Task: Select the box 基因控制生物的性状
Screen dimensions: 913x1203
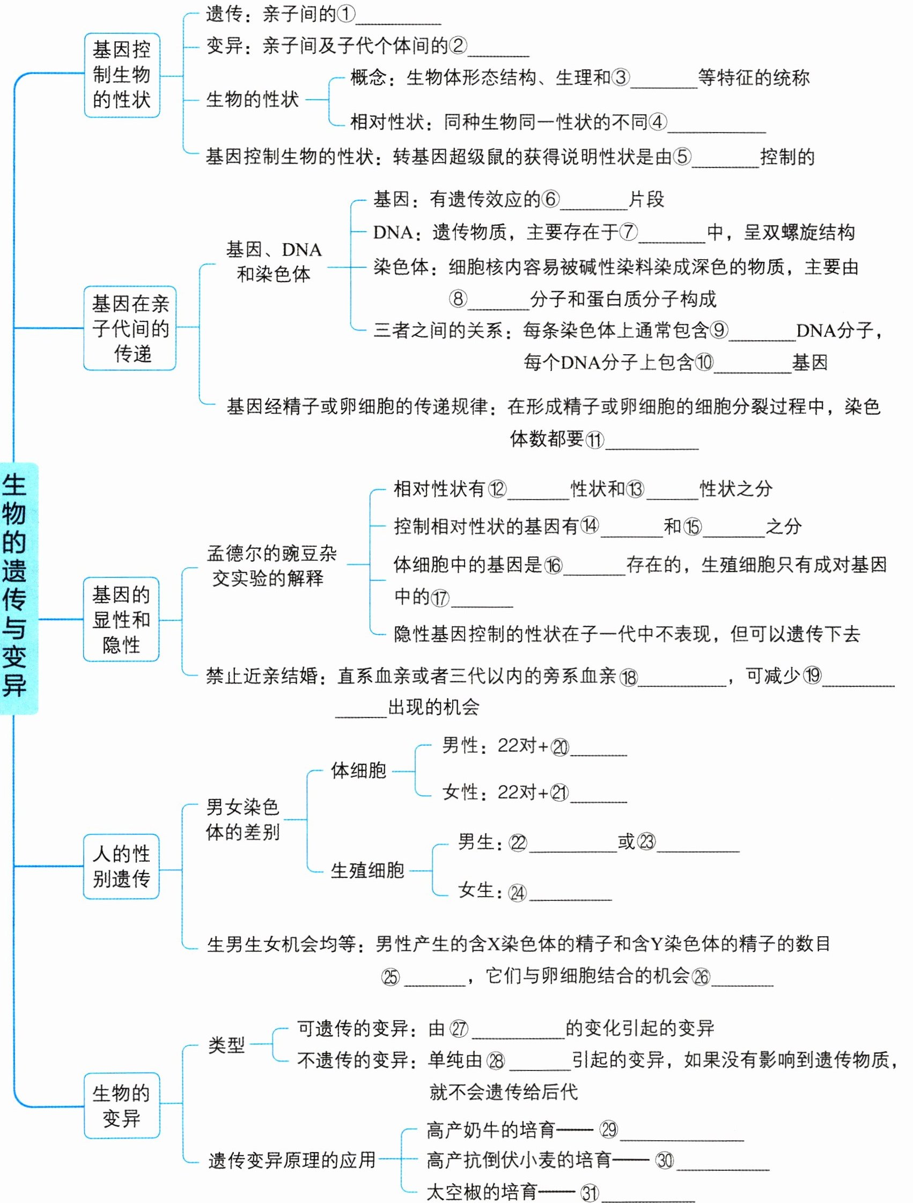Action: [122, 75]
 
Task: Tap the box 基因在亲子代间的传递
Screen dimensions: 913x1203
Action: [130, 328]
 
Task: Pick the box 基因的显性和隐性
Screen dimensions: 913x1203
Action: [121, 619]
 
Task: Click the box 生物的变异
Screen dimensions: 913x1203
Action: [122, 1106]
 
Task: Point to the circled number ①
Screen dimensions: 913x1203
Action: [346, 14]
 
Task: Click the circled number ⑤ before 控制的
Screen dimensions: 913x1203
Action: [682, 157]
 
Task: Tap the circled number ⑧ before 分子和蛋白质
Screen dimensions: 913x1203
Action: [459, 298]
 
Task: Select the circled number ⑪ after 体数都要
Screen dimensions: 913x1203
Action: [594, 439]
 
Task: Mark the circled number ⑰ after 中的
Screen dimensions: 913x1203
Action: [440, 598]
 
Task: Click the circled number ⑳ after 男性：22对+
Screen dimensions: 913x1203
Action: [560, 747]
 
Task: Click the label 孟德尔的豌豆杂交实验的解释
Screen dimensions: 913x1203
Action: [271, 566]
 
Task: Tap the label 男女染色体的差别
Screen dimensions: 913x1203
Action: [242, 819]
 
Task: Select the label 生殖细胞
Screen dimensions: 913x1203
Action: [367, 870]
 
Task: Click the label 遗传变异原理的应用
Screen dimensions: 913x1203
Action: [292, 1160]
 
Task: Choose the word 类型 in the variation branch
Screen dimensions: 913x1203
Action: [226, 1045]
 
